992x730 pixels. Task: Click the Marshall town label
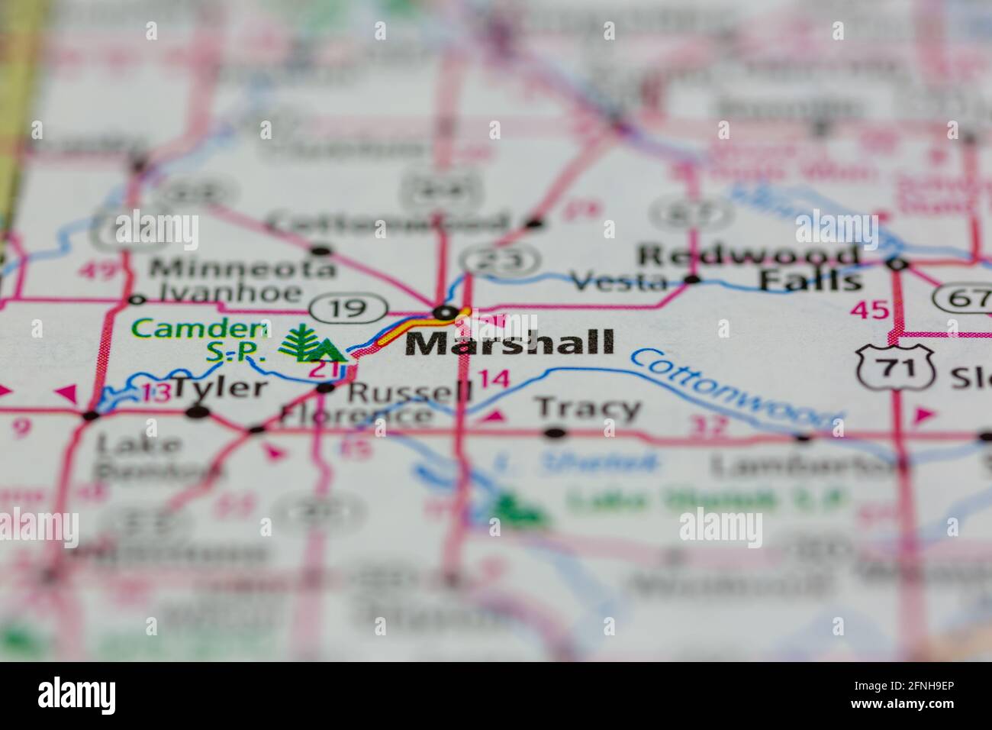(510, 343)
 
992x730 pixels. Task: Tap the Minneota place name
(242, 268)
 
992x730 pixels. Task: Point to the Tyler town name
(221, 388)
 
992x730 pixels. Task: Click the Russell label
(411, 392)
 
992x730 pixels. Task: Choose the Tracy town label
(588, 409)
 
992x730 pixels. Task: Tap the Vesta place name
(620, 282)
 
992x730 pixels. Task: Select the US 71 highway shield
(894, 368)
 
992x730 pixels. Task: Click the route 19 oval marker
(349, 308)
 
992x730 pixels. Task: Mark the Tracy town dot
(556, 433)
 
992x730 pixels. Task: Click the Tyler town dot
(198, 412)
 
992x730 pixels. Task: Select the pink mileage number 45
(870, 309)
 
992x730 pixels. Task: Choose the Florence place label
(355, 415)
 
